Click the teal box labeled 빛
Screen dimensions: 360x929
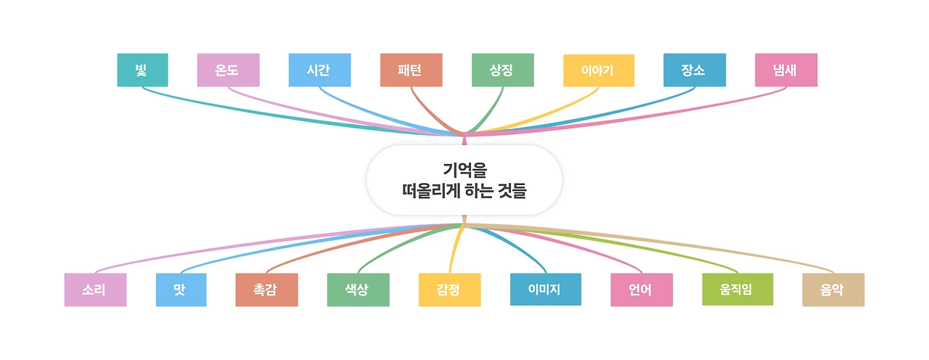click(x=142, y=70)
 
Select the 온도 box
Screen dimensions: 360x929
click(x=228, y=70)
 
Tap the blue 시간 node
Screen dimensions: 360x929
click(x=319, y=70)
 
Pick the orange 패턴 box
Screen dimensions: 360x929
click(x=411, y=70)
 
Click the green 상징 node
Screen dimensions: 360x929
click(x=502, y=70)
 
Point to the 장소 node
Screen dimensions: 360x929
click(x=694, y=70)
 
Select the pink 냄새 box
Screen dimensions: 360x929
click(x=786, y=70)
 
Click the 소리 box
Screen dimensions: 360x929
click(x=95, y=290)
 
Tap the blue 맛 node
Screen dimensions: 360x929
click(x=181, y=290)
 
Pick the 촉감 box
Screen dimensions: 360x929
click(x=266, y=290)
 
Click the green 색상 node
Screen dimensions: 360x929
click(x=358, y=290)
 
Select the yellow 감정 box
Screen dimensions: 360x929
click(x=449, y=290)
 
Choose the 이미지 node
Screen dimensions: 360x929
click(x=545, y=290)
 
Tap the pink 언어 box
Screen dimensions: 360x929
click(x=641, y=290)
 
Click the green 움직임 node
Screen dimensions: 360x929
click(x=737, y=290)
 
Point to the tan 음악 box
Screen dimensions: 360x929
click(x=833, y=290)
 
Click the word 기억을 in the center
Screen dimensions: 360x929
click(x=464, y=171)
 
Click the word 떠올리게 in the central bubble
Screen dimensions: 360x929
click(x=428, y=192)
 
